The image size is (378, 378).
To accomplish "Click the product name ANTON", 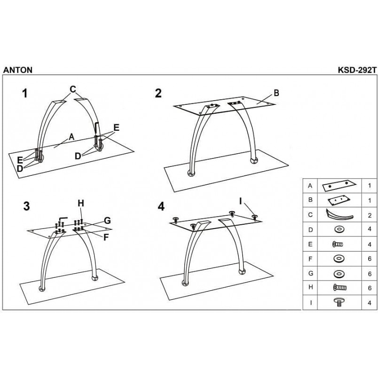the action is (18, 70).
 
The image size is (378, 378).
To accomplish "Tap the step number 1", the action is (25, 93).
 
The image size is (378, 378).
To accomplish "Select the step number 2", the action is (158, 93).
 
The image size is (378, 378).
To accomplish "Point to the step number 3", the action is (26, 206).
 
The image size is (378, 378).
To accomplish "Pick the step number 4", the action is (161, 206).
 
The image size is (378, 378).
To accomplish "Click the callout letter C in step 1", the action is (73, 89).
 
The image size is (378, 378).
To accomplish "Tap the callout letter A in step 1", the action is (71, 137).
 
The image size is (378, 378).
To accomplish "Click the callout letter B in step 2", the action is (276, 93).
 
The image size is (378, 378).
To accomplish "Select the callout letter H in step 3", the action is (81, 203).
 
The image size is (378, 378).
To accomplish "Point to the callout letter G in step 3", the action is (107, 220).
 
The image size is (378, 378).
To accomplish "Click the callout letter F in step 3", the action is (106, 237).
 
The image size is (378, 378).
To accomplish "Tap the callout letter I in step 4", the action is (240, 201).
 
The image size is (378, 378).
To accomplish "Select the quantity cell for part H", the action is (370, 288).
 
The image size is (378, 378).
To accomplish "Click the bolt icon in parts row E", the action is (338, 244).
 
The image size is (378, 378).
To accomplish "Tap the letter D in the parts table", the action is (310, 229).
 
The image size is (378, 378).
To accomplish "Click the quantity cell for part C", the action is (370, 215).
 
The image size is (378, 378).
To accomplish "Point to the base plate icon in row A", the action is (339, 186).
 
